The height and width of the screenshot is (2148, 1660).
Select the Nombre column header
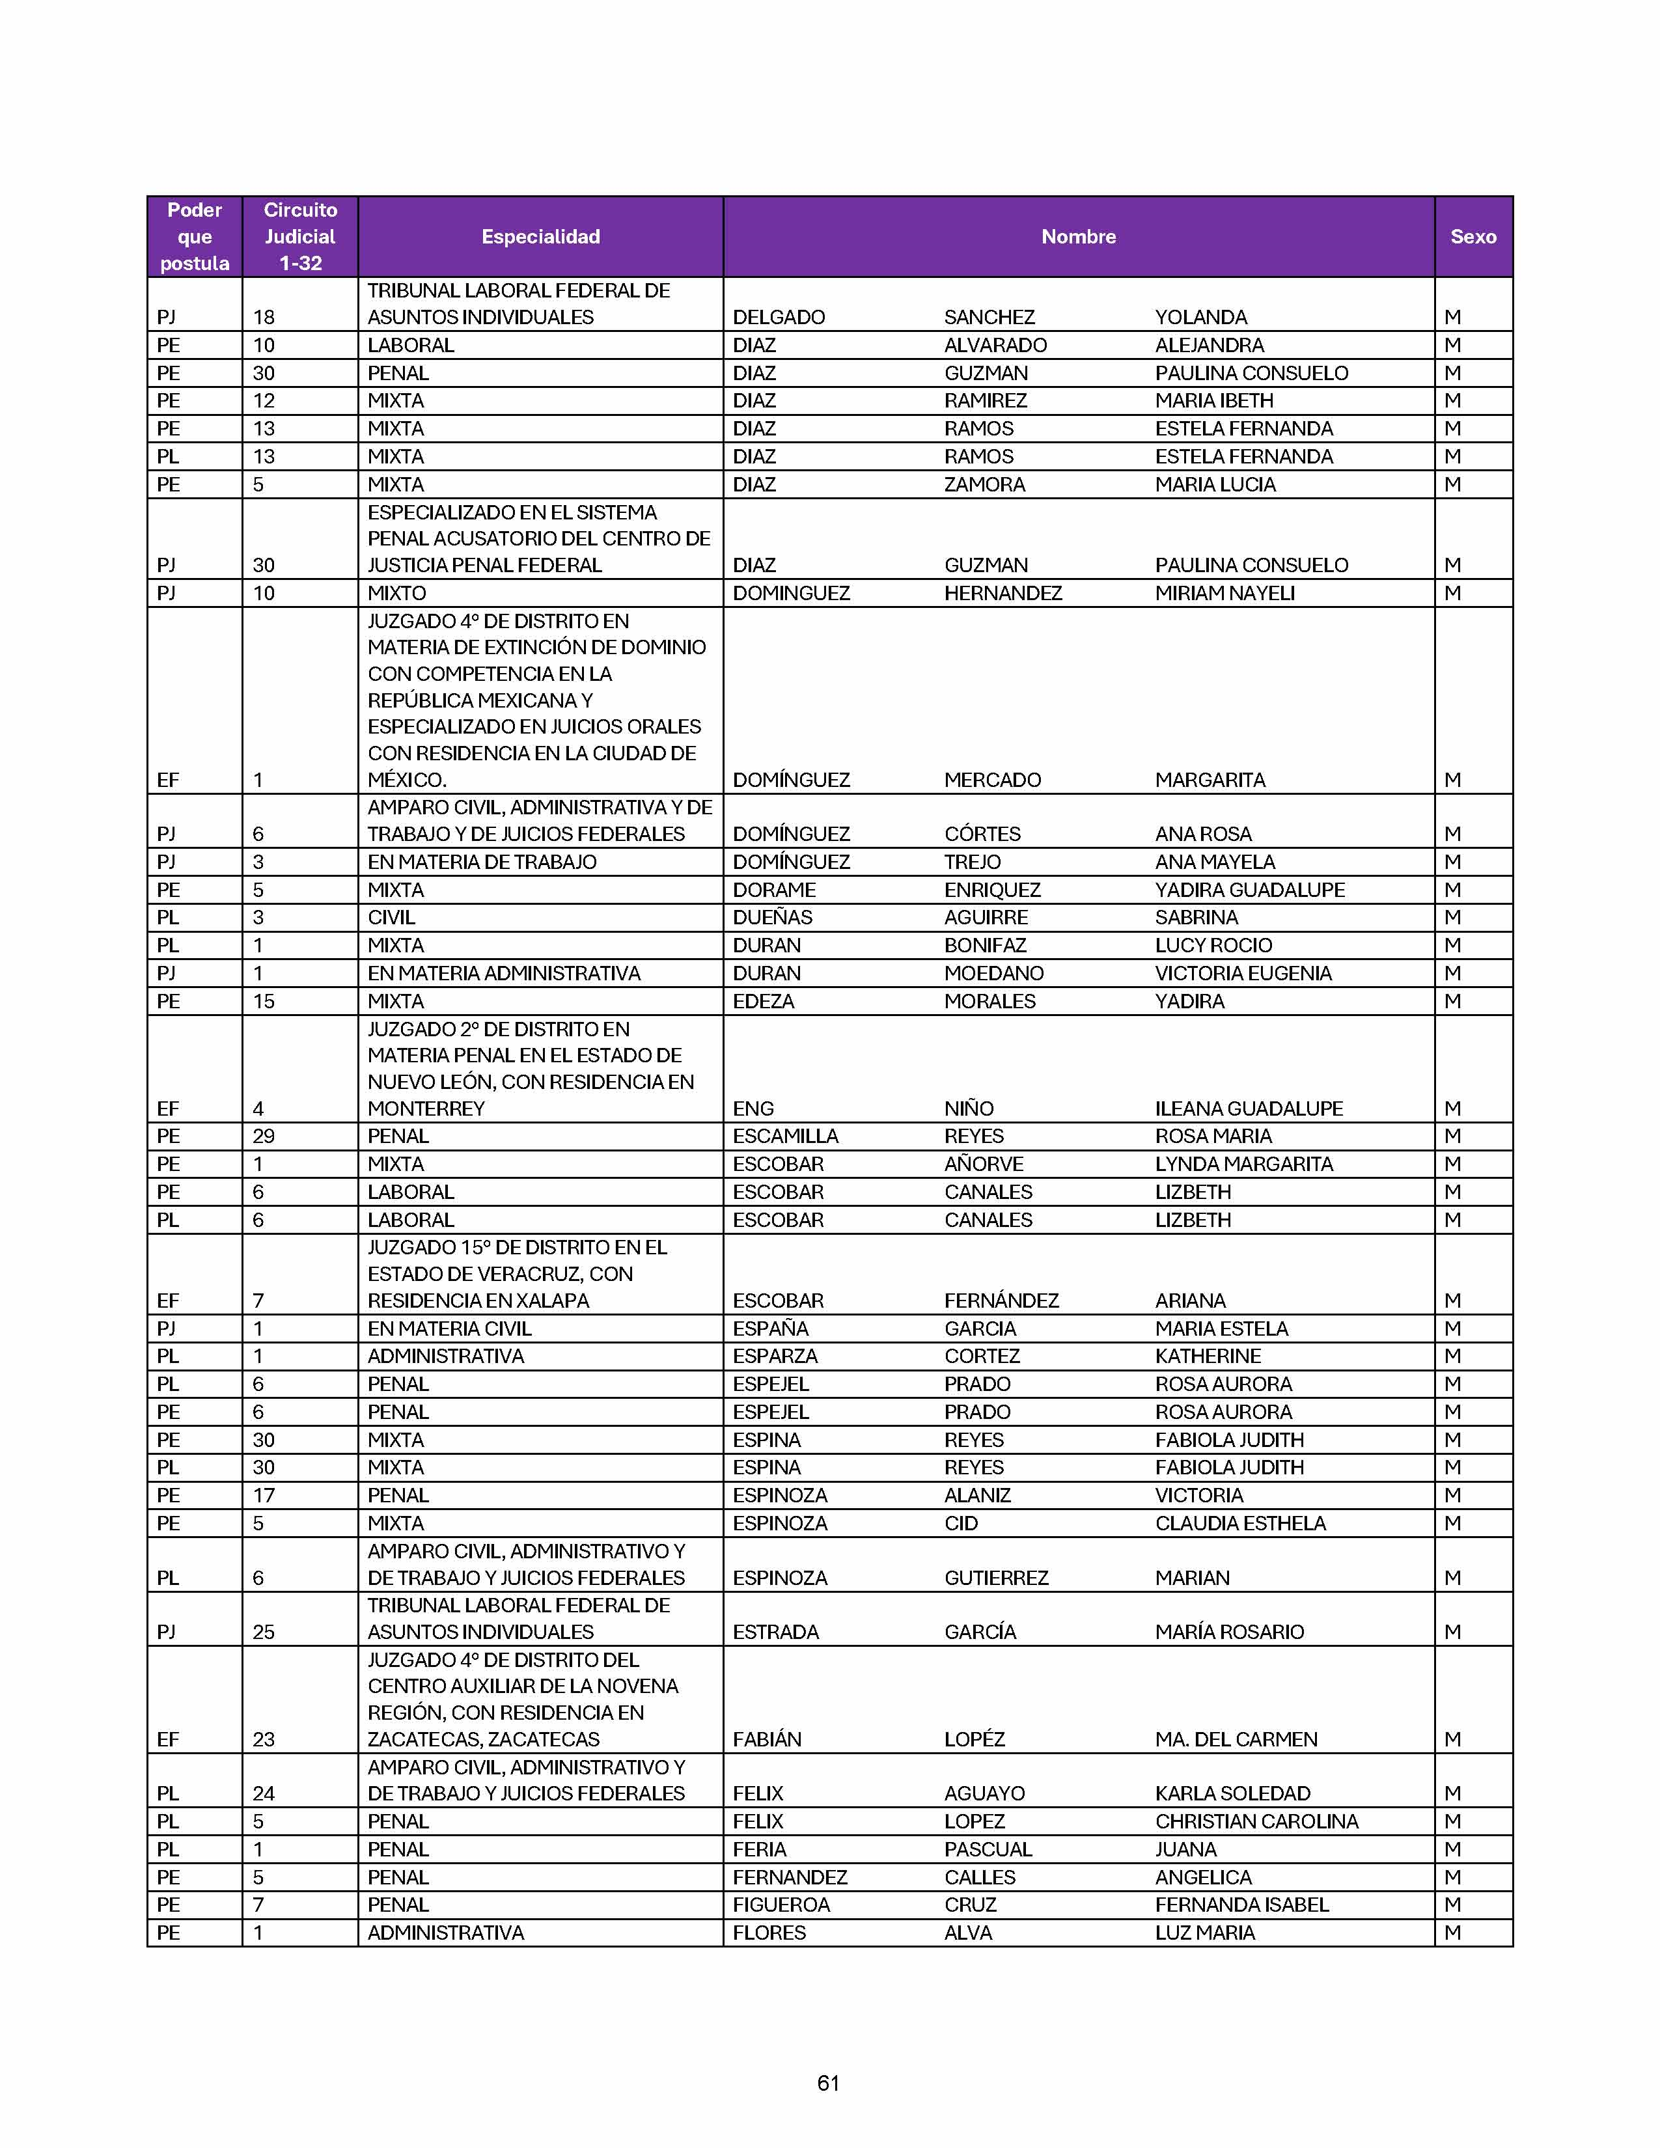click(x=1078, y=236)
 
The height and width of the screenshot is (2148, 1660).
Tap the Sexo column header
click(x=1472, y=236)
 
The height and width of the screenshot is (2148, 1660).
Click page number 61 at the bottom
click(x=828, y=2082)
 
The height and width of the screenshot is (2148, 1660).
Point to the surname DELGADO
click(x=778, y=317)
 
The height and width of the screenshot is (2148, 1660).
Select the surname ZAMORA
click(x=984, y=484)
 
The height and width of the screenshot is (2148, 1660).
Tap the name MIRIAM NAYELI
click(x=1224, y=593)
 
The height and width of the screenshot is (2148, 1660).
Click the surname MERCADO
click(x=991, y=780)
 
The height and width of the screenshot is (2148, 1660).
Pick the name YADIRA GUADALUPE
click(x=1249, y=889)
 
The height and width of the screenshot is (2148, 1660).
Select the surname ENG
click(x=753, y=1108)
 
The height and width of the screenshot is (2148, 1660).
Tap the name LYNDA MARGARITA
click(x=1243, y=1164)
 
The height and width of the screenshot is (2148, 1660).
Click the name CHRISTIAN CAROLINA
click(x=1256, y=1821)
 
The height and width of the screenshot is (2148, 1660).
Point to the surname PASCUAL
click(x=988, y=1849)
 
